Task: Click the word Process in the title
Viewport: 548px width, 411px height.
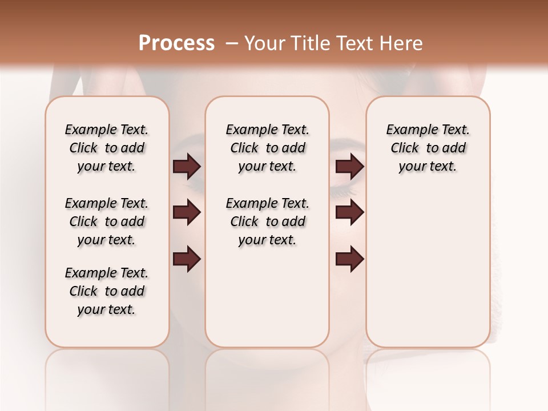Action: pos(176,43)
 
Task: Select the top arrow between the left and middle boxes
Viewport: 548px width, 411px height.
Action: pos(187,166)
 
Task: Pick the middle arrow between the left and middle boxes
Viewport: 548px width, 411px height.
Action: pos(187,213)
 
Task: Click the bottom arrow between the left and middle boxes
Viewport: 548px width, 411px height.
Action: pos(187,259)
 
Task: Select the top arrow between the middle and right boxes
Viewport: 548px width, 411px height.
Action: pos(349,166)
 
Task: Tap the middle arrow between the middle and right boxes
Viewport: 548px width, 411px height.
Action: pos(349,213)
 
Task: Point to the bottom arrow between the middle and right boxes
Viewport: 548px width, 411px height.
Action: pos(349,259)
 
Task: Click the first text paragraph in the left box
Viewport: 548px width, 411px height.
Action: pos(107,148)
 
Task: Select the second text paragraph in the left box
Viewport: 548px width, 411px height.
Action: pos(107,221)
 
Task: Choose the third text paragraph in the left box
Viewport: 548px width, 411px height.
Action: pos(107,291)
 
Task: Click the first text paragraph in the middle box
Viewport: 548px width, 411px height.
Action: pos(267,148)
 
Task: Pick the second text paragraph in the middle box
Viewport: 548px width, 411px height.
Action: pos(267,221)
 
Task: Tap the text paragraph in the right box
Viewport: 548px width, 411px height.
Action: pos(428,148)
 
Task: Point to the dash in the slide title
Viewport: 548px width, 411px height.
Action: pos(232,43)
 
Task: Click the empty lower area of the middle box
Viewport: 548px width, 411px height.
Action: pos(267,297)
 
